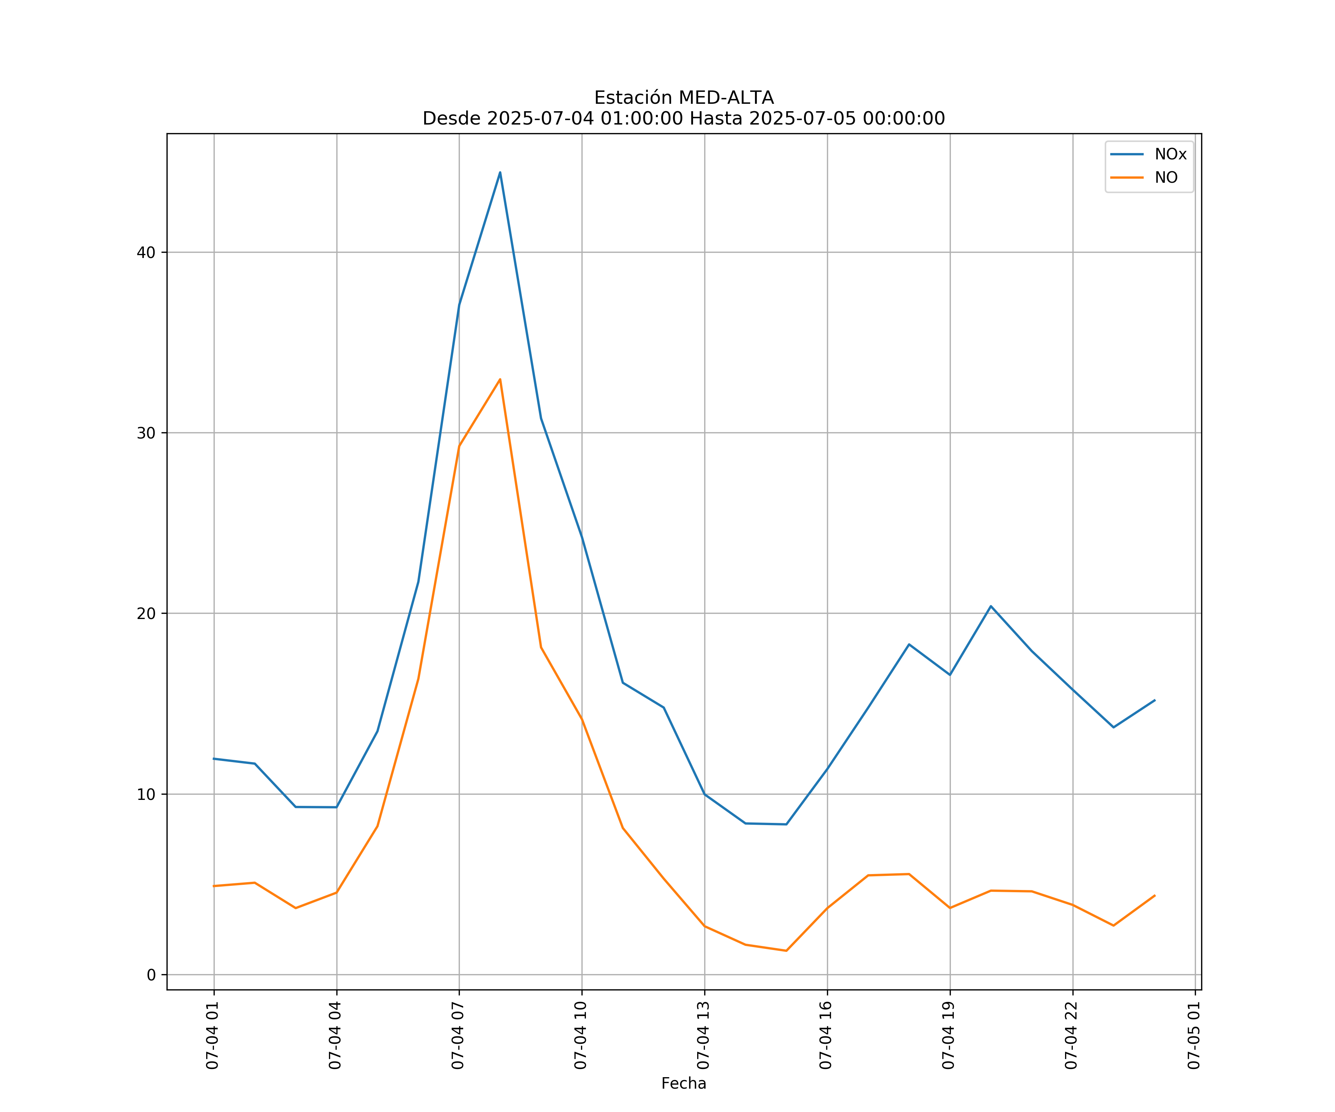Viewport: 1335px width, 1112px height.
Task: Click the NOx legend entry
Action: coord(1170,155)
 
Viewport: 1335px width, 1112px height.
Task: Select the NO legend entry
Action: coord(1166,178)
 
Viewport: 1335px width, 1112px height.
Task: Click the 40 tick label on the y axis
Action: coord(146,252)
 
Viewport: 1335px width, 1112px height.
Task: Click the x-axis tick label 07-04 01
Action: coord(212,1036)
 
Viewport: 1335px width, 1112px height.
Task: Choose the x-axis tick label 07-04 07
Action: coord(458,1036)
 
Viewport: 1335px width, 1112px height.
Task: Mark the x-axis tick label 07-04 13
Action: coord(703,1036)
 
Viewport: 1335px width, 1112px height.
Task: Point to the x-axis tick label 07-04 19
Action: coord(949,1036)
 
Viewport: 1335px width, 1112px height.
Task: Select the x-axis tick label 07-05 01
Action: coord(1194,1036)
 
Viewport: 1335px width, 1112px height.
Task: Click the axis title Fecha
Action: coord(683,1083)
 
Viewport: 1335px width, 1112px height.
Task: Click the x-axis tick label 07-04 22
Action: coord(1071,1036)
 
